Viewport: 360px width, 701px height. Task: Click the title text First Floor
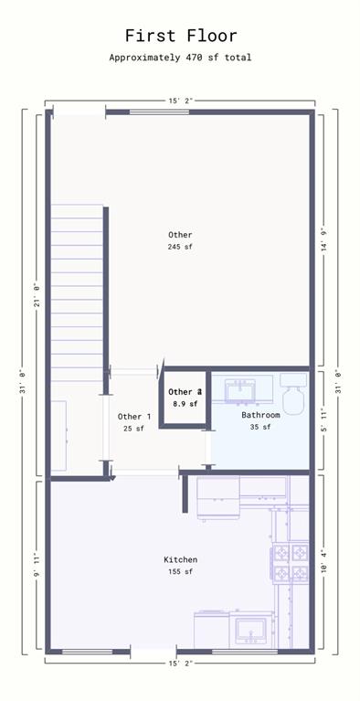click(180, 36)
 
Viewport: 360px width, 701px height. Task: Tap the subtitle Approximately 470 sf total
click(180, 58)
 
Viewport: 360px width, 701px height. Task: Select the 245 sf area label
click(180, 248)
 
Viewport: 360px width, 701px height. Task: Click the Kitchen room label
click(180, 559)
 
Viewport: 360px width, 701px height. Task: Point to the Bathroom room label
click(260, 415)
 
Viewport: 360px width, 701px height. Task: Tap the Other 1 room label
click(134, 417)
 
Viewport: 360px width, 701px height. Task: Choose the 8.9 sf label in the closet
click(185, 403)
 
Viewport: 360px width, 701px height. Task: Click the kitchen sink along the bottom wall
click(249, 630)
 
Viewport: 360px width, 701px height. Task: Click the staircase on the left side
click(76, 292)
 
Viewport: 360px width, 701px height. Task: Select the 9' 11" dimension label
click(37, 567)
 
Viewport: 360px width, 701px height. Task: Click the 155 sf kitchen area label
click(180, 572)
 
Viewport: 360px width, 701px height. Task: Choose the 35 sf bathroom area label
click(260, 427)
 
